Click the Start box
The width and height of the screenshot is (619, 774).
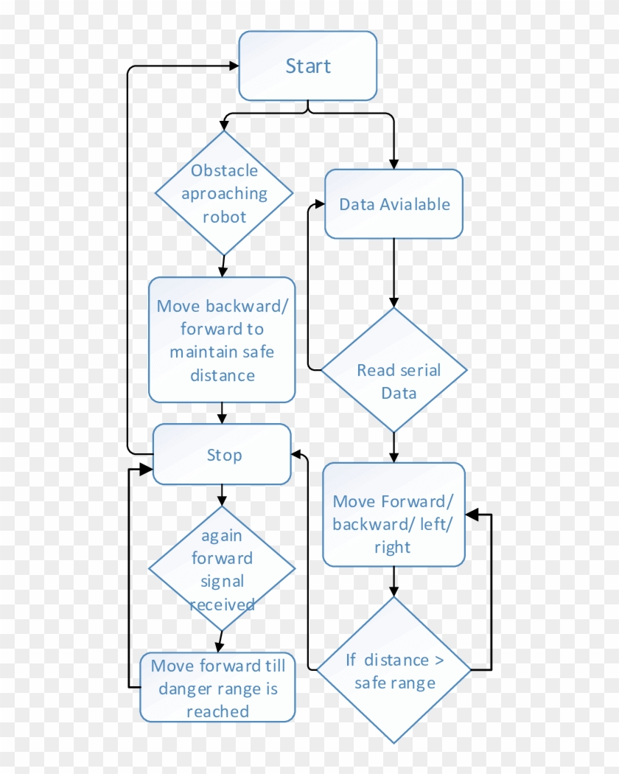point(307,66)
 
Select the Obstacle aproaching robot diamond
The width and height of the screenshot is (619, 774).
point(224,193)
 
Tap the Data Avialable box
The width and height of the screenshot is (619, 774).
point(394,204)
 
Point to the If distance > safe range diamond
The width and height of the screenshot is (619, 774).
point(394,670)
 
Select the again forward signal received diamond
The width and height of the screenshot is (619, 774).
point(222,568)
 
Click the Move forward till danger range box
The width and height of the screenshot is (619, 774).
point(217,687)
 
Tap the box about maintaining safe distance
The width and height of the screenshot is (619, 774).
point(222,340)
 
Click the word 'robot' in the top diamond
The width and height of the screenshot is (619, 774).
point(225,217)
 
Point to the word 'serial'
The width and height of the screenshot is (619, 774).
point(420,370)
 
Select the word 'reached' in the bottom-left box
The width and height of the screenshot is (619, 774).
point(217,711)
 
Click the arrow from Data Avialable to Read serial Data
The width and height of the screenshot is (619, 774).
point(394,273)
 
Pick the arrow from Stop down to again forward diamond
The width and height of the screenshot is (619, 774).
point(222,495)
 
